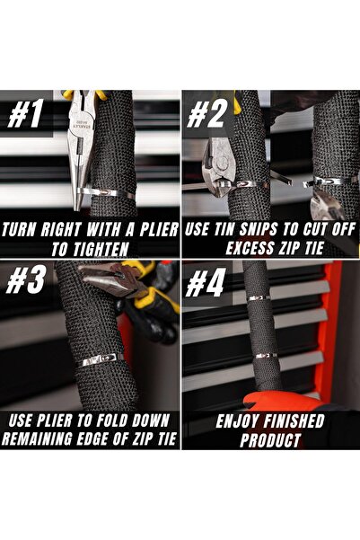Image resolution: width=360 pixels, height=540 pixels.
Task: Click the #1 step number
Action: click(26, 114)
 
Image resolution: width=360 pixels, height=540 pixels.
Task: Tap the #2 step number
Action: click(206, 114)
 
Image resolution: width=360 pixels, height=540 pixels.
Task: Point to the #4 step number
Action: click(206, 282)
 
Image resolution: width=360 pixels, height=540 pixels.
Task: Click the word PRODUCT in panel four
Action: click(270, 440)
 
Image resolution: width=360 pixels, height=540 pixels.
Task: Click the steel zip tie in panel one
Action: click(106, 193)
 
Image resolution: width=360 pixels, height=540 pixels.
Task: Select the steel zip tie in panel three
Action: click(102, 360)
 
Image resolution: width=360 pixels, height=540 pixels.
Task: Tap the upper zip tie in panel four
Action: click(259, 297)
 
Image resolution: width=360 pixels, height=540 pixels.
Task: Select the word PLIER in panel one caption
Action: click(159, 230)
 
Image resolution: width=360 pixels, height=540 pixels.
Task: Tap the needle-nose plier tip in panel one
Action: click(78, 207)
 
